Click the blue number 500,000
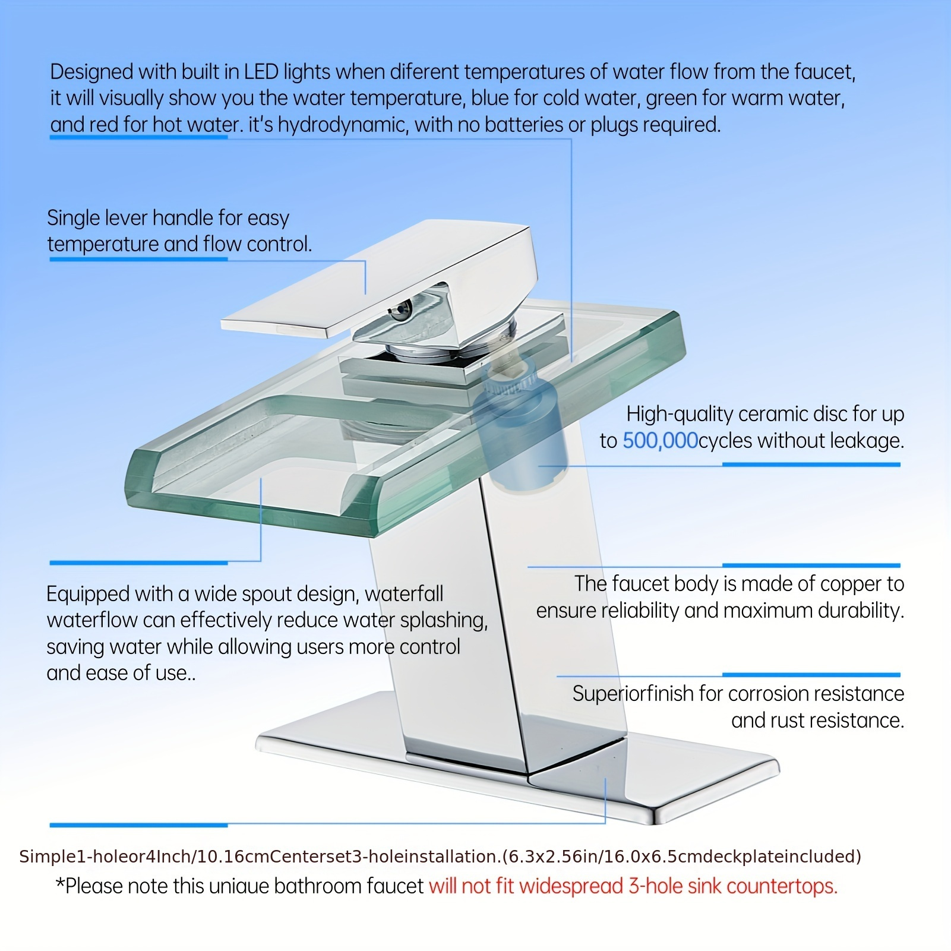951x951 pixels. tap(660, 441)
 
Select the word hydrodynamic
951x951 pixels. tap(343, 125)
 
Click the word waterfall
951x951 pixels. tap(404, 593)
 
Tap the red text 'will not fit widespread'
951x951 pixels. tap(526, 886)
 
